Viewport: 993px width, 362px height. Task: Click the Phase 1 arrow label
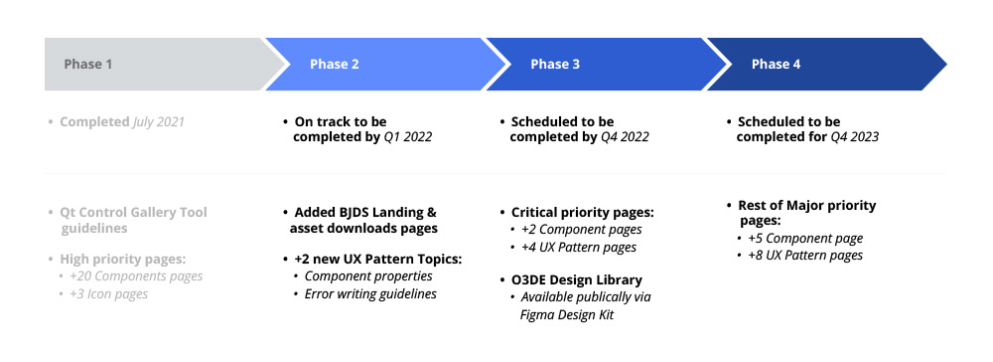coord(88,65)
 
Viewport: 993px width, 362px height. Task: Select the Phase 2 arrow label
coord(334,65)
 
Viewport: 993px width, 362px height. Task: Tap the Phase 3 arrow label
coord(555,65)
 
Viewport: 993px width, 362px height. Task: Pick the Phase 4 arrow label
coord(776,65)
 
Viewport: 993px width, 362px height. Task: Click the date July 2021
coord(159,122)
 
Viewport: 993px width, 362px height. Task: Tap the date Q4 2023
coord(855,137)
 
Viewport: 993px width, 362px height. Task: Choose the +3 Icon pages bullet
coord(112,293)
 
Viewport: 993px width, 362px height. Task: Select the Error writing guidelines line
coord(370,293)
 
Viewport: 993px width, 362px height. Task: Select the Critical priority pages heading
coord(582,213)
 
